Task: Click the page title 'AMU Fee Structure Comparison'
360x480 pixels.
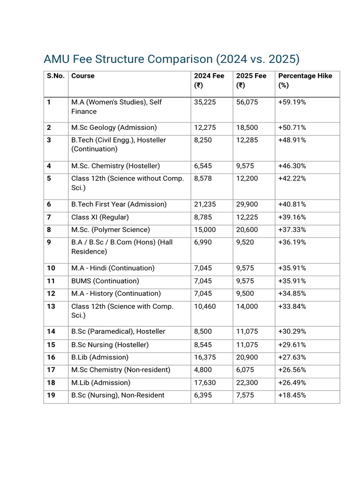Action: (x=171, y=60)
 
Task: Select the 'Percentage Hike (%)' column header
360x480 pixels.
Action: (x=305, y=80)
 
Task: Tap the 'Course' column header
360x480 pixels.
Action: (x=82, y=76)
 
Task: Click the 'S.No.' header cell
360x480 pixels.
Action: (x=55, y=76)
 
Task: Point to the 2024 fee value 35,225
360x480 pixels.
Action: (x=205, y=102)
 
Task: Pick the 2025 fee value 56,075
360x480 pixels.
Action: (x=247, y=102)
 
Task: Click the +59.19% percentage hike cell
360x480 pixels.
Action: (x=292, y=102)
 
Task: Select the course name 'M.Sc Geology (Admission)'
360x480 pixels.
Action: (x=114, y=127)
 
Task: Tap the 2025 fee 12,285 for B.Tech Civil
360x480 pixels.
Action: (x=247, y=140)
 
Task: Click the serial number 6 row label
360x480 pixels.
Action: (x=49, y=204)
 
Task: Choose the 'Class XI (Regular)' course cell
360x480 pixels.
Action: (x=100, y=217)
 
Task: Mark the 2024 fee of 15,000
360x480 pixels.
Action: (x=205, y=230)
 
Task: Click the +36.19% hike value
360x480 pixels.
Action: (x=292, y=242)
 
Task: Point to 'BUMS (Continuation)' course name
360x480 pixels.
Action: (x=105, y=281)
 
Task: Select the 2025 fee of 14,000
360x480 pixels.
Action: (x=247, y=307)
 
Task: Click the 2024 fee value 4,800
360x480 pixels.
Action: (x=203, y=370)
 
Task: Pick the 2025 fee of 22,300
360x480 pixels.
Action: (x=247, y=382)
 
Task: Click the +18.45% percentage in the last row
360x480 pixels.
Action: (x=292, y=395)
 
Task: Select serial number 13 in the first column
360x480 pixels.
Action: (x=51, y=307)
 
